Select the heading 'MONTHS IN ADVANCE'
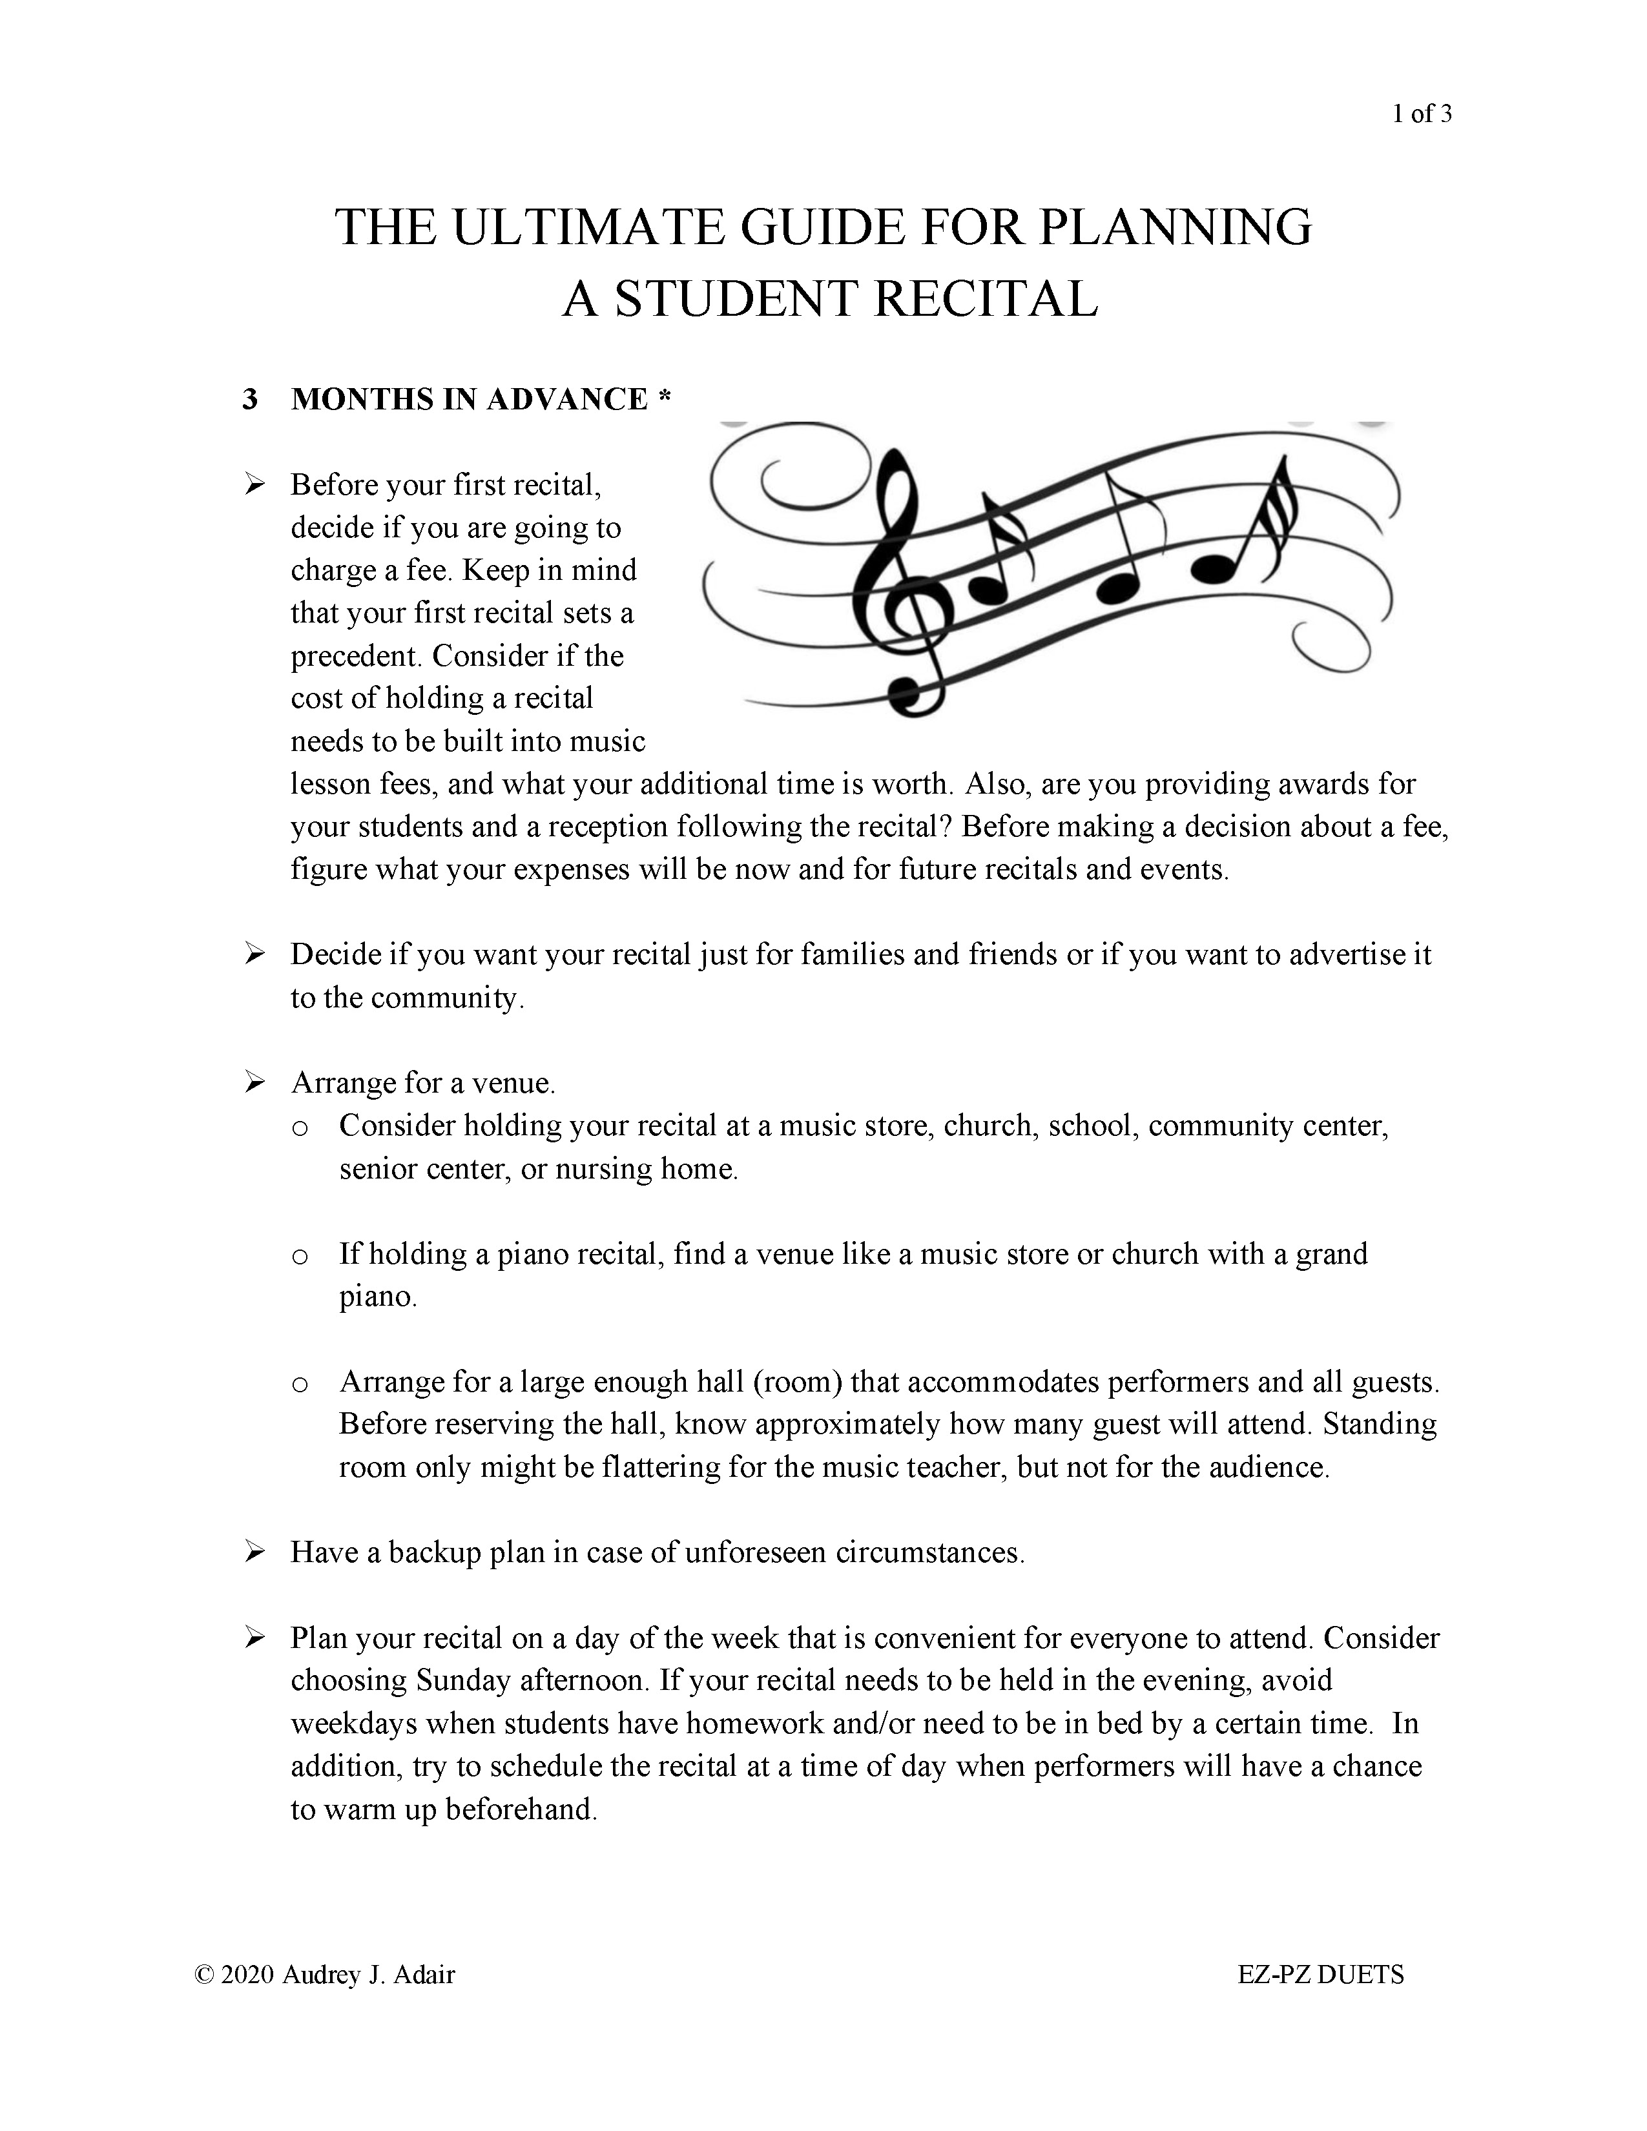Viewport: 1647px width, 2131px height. [x=468, y=399]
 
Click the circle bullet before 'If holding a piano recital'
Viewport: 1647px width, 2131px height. [x=300, y=1256]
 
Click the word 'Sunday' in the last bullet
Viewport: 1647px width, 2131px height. [x=464, y=1680]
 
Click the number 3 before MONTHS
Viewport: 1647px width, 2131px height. [x=251, y=399]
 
